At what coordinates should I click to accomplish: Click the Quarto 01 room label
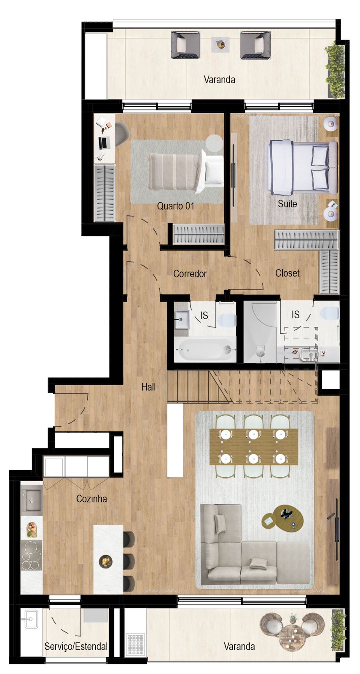point(175,206)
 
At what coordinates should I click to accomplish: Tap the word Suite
point(287,204)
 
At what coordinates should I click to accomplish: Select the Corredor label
point(190,274)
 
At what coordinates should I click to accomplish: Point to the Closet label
point(287,273)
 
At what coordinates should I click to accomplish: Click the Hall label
point(148,387)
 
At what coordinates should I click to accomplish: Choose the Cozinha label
point(91,499)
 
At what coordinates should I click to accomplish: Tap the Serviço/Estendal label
point(76,646)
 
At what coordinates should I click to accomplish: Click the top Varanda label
point(219,80)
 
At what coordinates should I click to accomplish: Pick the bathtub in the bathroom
point(205,350)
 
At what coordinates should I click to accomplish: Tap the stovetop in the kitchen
point(31,555)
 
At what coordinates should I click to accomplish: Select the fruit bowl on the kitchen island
point(105,561)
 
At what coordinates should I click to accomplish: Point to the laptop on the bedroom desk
point(104,142)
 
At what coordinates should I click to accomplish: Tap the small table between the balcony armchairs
point(220,43)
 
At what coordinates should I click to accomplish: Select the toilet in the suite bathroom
point(330,314)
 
